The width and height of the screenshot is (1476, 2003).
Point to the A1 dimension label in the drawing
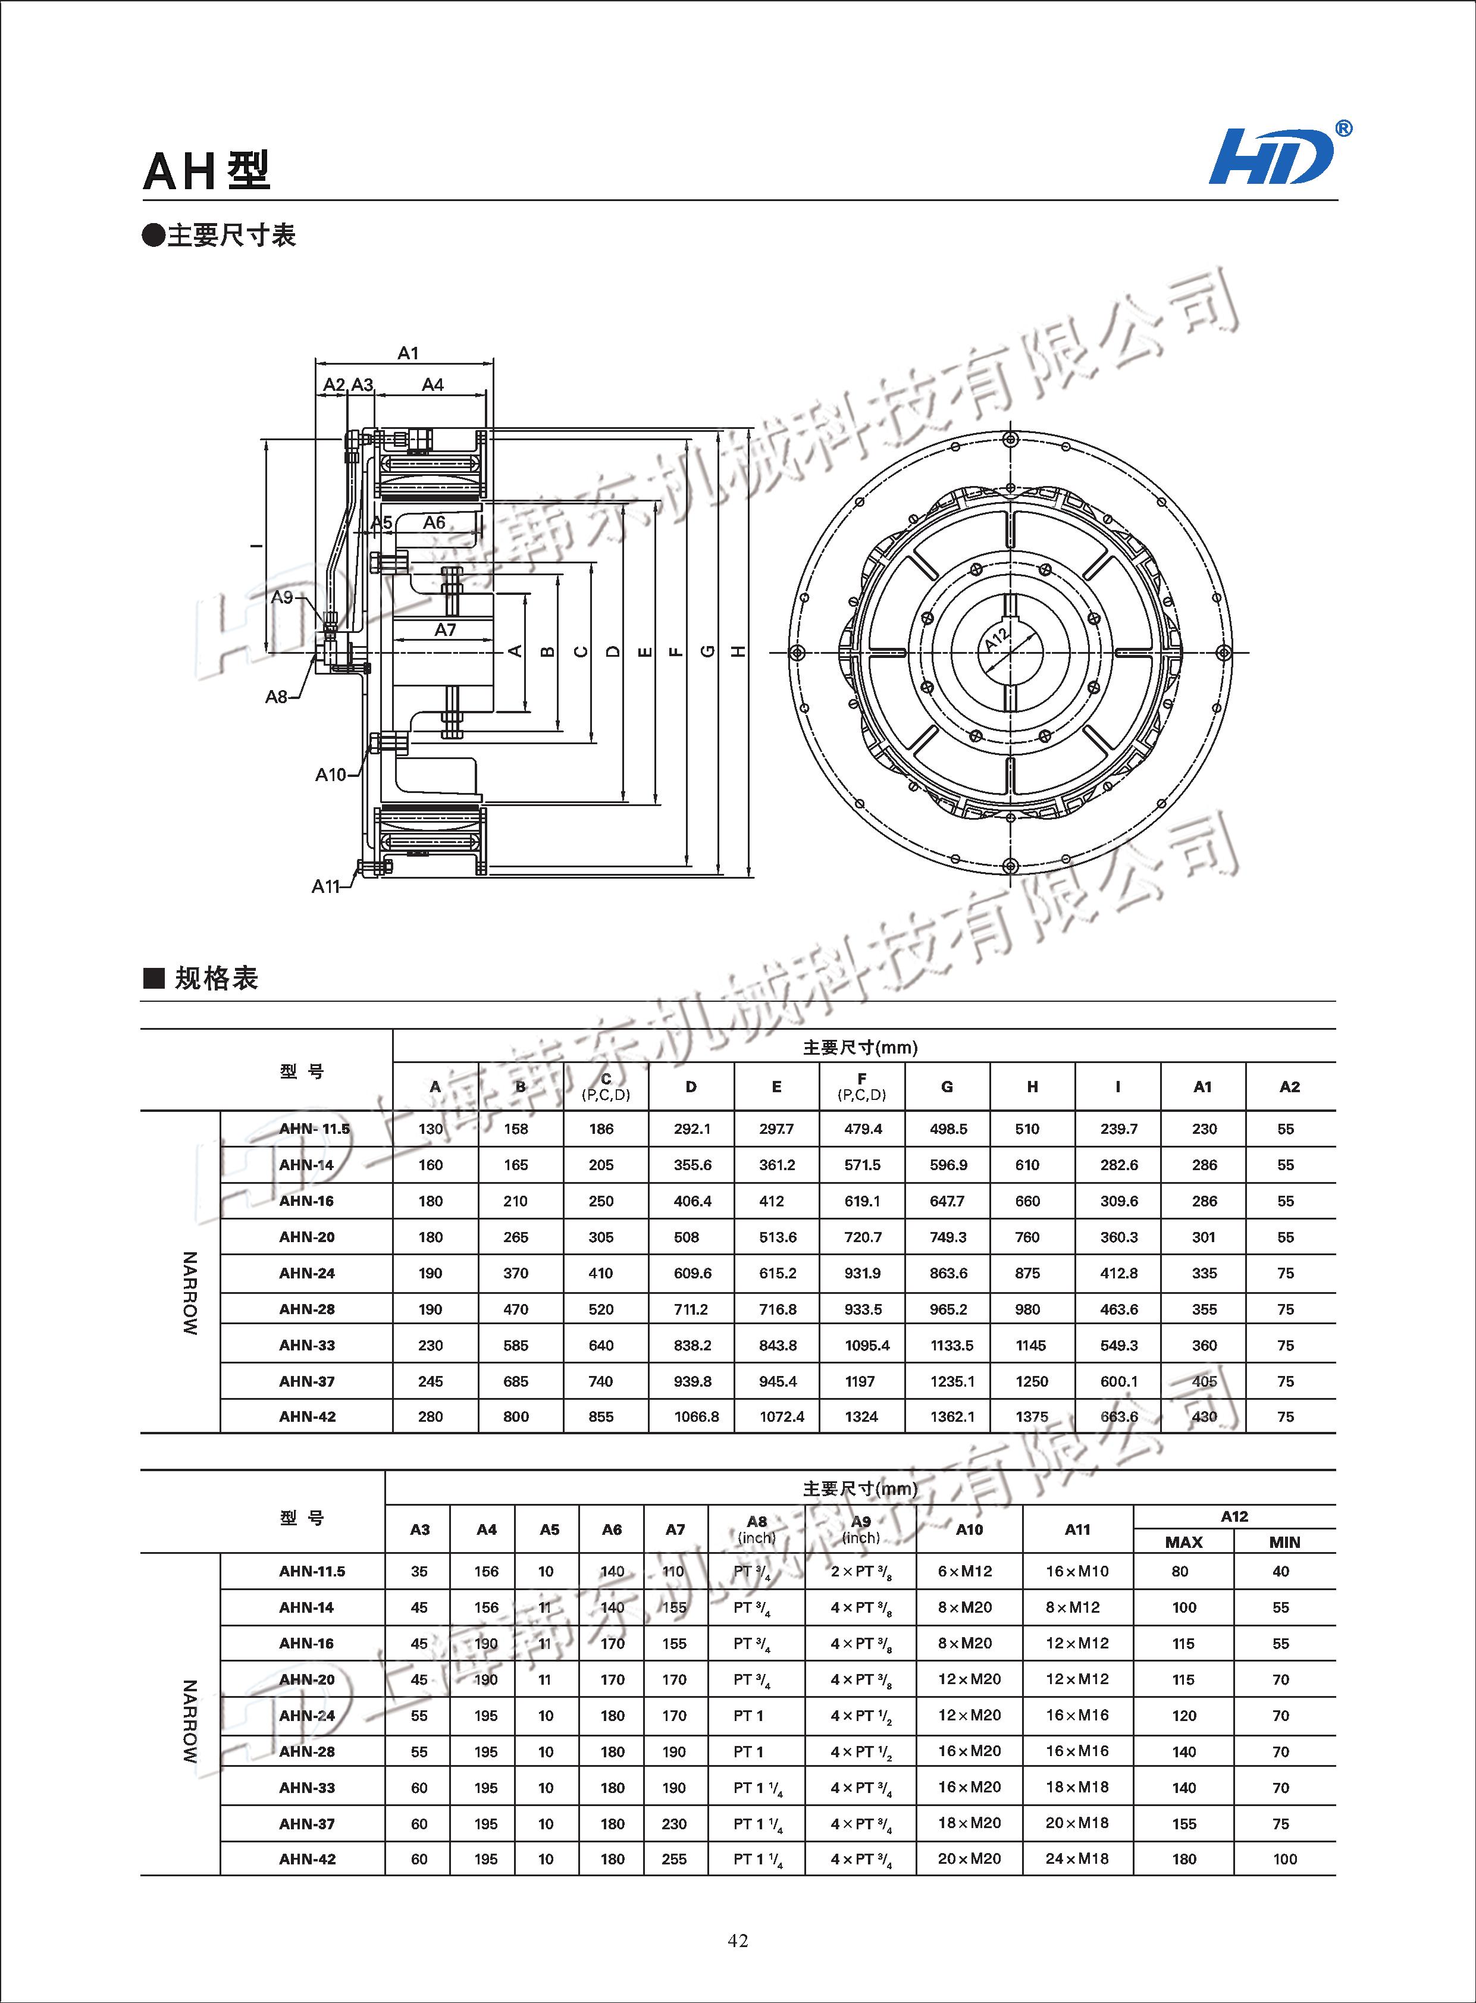[408, 353]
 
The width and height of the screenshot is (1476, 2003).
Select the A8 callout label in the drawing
[277, 696]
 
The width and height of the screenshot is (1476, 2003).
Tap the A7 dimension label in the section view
[445, 630]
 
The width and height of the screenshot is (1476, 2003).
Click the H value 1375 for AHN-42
[1031, 1416]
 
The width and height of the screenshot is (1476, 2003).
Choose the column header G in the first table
[947, 1086]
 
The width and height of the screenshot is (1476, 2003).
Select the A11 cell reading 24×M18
[1077, 1858]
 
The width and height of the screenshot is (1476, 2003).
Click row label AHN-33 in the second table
[306, 1787]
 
